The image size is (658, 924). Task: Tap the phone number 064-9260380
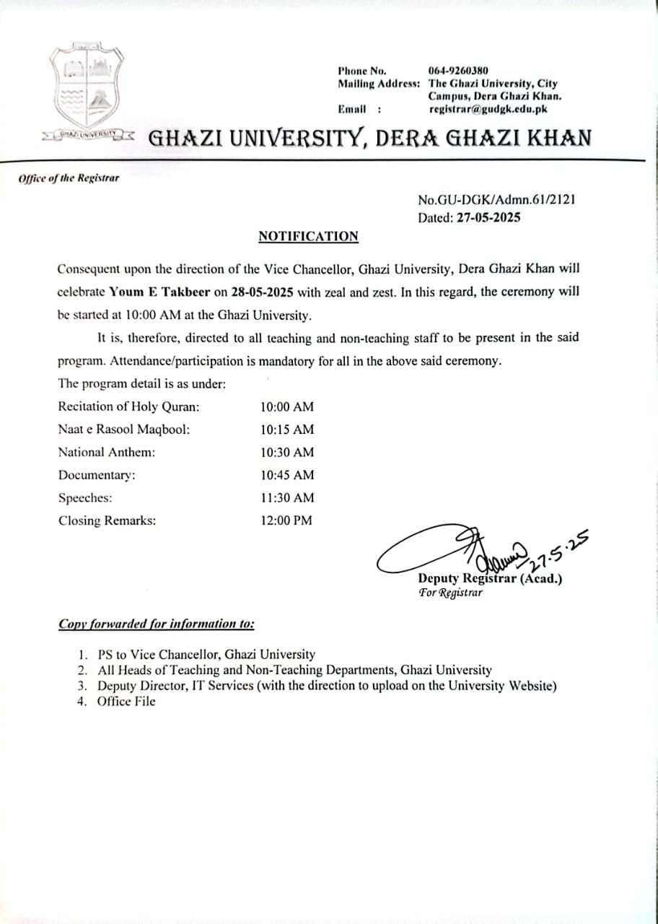458,71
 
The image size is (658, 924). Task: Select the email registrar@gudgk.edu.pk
488,109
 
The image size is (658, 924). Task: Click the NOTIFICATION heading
308,236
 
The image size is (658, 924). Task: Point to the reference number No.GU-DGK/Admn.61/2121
496,200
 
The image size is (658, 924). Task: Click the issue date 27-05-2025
488,217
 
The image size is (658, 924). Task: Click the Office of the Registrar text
69,178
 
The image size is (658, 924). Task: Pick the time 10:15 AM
287,430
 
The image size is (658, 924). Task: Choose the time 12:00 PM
286,520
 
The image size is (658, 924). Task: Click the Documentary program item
97,475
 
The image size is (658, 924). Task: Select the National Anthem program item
107,452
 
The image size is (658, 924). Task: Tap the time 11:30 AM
287,497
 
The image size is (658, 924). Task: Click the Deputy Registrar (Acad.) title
490,579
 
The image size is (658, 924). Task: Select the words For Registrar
451,593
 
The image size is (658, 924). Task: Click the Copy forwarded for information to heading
156,624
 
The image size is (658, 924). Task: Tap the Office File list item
126,701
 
